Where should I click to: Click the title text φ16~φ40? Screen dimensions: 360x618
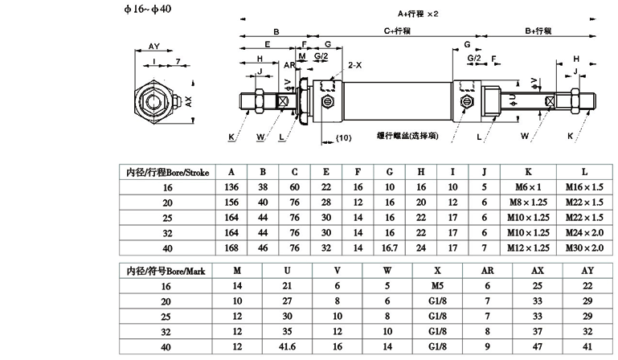(147, 9)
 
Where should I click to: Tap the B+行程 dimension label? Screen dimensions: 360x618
(538, 31)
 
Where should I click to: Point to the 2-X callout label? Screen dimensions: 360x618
(354, 63)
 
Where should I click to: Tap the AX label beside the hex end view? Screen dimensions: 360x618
(188, 103)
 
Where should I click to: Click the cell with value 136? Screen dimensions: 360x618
(231, 186)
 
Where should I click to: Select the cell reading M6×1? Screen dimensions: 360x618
(528, 186)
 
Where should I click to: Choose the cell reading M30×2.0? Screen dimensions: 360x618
(584, 247)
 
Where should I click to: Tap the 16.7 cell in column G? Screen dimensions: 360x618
(389, 247)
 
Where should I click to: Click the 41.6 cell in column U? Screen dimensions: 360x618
(287, 347)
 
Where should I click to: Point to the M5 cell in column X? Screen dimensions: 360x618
(436, 286)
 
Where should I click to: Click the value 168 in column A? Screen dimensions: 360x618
(231, 247)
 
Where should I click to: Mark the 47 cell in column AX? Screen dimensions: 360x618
(538, 347)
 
